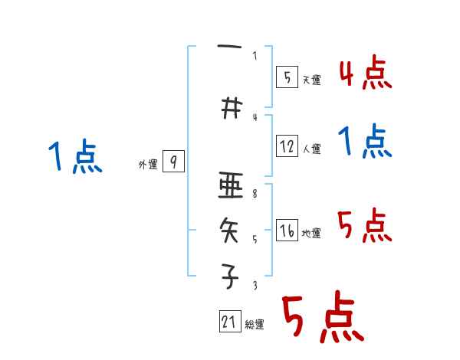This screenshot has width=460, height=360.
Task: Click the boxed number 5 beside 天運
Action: (x=287, y=77)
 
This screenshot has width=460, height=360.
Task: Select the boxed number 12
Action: (x=287, y=146)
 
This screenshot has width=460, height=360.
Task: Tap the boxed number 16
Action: (x=287, y=231)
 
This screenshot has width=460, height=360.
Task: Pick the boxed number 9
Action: (x=173, y=162)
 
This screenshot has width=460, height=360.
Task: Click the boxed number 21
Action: (x=229, y=322)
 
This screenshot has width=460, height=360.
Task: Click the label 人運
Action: (x=310, y=149)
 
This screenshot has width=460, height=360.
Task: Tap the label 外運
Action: (x=148, y=164)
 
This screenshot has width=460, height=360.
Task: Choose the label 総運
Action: (x=255, y=325)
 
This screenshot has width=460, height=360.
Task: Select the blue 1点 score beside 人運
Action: (x=365, y=142)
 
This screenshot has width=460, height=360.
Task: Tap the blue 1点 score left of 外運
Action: (x=75, y=158)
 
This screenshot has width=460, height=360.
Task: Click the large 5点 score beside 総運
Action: (x=323, y=317)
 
